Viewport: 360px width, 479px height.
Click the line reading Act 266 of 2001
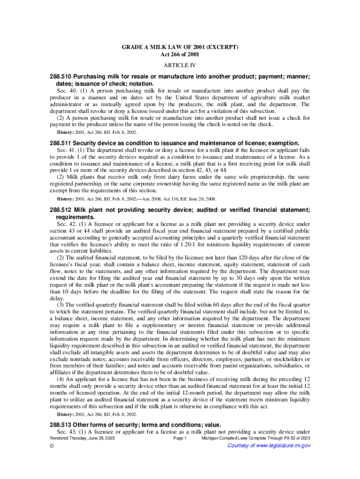tap(180, 55)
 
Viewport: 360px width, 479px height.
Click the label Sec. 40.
tap(65, 90)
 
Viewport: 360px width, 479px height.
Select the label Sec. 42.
tap(65, 225)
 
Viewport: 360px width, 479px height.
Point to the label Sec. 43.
tap(65, 432)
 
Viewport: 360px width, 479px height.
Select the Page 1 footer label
tap(180, 438)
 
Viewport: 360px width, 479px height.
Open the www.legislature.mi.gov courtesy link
tap(268, 445)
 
